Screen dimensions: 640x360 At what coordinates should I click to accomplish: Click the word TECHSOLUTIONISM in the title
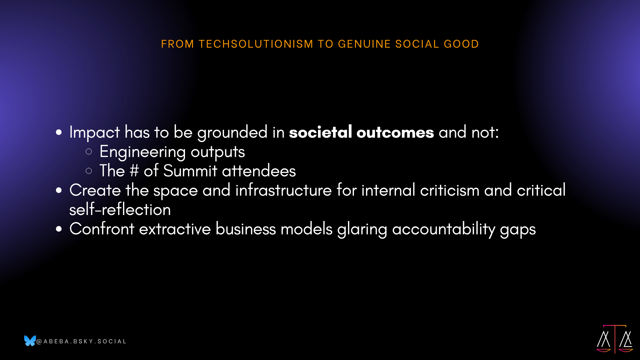tap(256, 44)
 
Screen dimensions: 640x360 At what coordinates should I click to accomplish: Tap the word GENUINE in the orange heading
tap(364, 44)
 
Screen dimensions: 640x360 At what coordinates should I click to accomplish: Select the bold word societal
tap(320, 132)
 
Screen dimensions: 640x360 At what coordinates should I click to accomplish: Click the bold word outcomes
tap(395, 132)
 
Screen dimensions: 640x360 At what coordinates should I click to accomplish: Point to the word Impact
tap(95, 132)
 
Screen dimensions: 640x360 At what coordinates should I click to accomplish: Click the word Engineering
tap(143, 152)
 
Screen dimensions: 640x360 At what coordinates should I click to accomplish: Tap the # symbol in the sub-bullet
tap(134, 171)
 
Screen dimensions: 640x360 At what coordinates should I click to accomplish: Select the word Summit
tap(190, 171)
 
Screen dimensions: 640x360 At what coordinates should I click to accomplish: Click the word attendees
tap(259, 171)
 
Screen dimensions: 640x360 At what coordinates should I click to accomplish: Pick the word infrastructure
tap(284, 190)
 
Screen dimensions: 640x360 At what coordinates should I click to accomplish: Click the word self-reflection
tap(120, 209)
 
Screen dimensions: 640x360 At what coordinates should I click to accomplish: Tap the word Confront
tap(102, 229)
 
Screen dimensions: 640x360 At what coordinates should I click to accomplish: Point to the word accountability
tap(444, 229)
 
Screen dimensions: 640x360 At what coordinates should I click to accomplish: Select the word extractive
tap(175, 229)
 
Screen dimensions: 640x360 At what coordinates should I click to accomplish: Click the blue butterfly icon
tap(30, 341)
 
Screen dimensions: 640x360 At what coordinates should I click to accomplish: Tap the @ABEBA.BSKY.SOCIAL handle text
tap(81, 341)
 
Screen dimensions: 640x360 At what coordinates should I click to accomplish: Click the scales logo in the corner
tap(615, 339)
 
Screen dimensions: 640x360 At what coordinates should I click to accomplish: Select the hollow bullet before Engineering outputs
tap(89, 152)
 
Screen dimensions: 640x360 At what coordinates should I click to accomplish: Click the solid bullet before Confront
tap(59, 229)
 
